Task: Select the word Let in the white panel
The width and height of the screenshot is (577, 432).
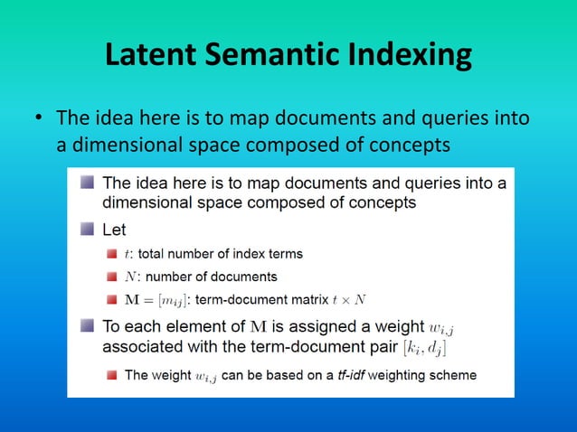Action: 115,230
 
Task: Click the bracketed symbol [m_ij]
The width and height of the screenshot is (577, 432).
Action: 173,299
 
